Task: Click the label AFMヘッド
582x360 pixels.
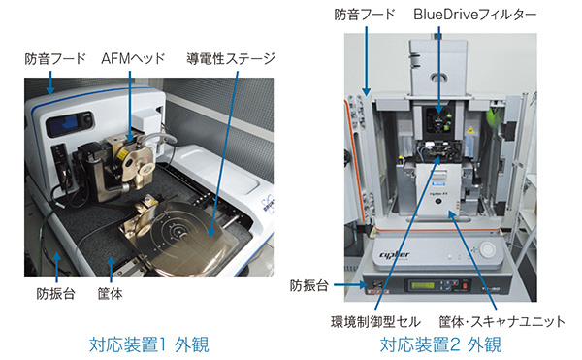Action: pos(133,58)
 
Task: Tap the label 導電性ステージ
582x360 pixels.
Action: pos(230,58)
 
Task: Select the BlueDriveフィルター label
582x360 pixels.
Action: pos(474,15)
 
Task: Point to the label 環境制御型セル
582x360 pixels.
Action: pos(375,321)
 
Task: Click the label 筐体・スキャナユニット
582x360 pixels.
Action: pos(501,321)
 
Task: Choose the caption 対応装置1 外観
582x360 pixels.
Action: pos(148,344)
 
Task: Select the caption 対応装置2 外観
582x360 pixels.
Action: pos(440,344)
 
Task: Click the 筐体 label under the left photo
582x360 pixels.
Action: pos(110,294)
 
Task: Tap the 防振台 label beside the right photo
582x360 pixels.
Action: pos(308,286)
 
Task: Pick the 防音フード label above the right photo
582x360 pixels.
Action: pos(364,15)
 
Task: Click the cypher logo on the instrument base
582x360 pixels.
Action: pos(394,254)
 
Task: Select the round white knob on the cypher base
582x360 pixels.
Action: pos(487,249)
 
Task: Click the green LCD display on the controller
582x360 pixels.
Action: pos(422,286)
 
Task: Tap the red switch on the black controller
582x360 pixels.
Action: pos(465,287)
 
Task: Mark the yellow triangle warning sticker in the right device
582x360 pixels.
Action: pos(469,130)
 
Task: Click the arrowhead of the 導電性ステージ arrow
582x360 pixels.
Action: pos(211,233)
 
